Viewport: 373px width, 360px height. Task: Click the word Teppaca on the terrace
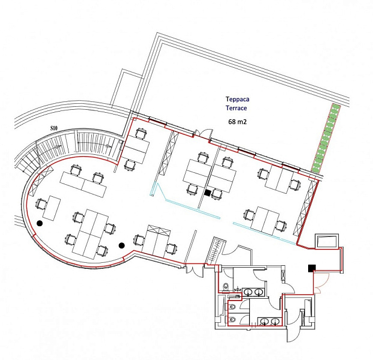(x=237, y=99)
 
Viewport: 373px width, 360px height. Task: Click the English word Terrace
(x=236, y=108)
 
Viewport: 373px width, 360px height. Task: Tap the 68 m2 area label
(x=237, y=122)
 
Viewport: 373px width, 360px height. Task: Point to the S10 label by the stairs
(x=54, y=128)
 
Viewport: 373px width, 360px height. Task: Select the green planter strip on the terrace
(x=326, y=138)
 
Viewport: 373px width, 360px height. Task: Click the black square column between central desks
(x=208, y=193)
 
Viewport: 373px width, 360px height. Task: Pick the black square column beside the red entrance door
(x=312, y=268)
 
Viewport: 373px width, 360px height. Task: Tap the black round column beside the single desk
(x=40, y=223)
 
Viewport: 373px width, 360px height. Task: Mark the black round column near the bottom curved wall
(x=121, y=245)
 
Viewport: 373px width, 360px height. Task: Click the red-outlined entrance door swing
(x=321, y=283)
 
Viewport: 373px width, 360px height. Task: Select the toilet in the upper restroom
(x=225, y=286)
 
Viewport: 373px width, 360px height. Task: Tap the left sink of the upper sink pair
(x=249, y=292)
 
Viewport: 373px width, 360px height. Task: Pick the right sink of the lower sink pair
(x=275, y=321)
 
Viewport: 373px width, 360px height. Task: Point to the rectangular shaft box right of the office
(x=327, y=241)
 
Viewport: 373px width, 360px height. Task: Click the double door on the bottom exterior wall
(x=195, y=271)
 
